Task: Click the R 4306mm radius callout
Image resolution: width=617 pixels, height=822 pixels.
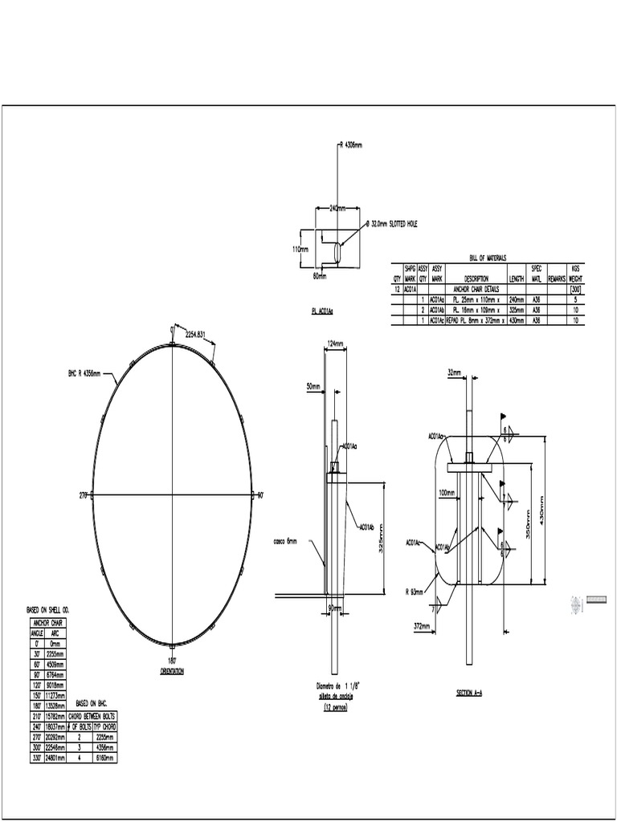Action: click(x=351, y=145)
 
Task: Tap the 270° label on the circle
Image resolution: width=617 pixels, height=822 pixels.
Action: click(x=83, y=496)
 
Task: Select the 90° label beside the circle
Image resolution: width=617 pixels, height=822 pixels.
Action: click(x=259, y=496)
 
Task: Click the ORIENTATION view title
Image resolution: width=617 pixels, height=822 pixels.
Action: click(x=172, y=670)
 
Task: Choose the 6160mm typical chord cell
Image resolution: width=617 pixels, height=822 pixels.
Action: click(x=104, y=757)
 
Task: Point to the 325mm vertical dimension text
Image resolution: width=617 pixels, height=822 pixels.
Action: click(x=381, y=538)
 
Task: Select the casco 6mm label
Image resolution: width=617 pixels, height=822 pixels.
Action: click(x=285, y=542)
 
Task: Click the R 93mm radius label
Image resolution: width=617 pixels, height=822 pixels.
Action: click(x=415, y=592)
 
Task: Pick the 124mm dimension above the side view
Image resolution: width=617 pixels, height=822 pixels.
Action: click(x=336, y=344)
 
